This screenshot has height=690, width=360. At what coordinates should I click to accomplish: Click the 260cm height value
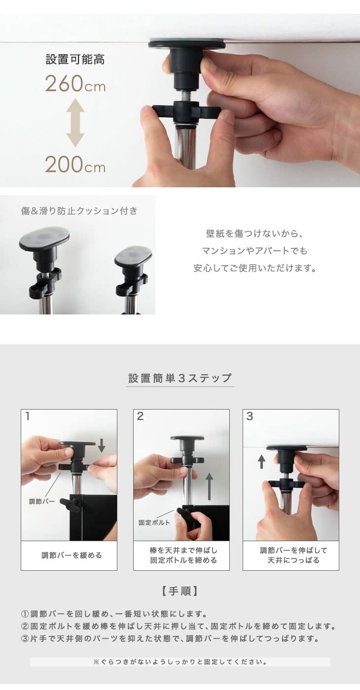pyautogui.click(x=75, y=84)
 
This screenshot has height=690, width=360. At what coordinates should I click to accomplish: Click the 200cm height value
pyautogui.click(x=75, y=165)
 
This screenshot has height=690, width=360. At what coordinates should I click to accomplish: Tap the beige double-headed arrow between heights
pyautogui.click(x=75, y=123)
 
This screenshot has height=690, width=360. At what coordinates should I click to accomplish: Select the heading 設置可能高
pyautogui.click(x=75, y=60)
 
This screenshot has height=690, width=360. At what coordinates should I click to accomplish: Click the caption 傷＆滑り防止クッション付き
pyautogui.click(x=79, y=211)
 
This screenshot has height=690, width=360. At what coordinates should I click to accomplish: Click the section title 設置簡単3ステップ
pyautogui.click(x=180, y=378)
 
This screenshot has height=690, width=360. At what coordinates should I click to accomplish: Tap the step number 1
pyautogui.click(x=28, y=416)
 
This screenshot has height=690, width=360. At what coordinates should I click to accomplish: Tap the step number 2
pyautogui.click(x=140, y=416)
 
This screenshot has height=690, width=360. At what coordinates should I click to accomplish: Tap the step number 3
pyautogui.click(x=250, y=416)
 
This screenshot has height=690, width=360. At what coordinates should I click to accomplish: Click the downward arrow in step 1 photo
pyautogui.click(x=101, y=445)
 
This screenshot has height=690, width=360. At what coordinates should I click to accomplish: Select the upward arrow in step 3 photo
pyautogui.click(x=261, y=461)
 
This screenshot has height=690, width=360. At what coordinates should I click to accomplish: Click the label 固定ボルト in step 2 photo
pyautogui.click(x=154, y=522)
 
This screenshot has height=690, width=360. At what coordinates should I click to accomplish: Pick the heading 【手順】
pyautogui.click(x=180, y=591)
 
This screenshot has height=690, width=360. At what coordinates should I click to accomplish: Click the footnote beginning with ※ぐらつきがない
pyautogui.click(x=180, y=662)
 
